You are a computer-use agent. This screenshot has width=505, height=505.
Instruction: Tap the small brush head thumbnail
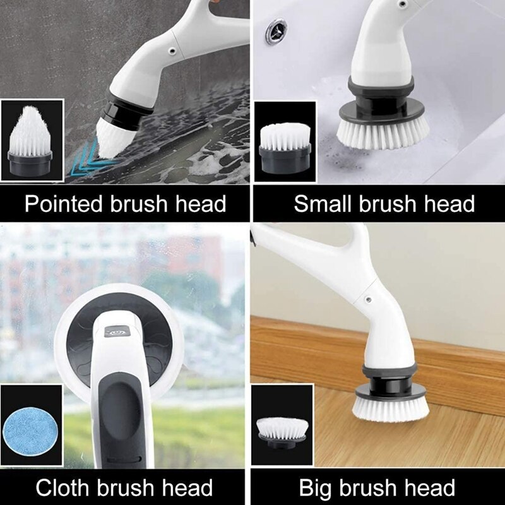[285, 144]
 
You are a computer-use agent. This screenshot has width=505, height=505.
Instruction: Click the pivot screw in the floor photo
[365, 294]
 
